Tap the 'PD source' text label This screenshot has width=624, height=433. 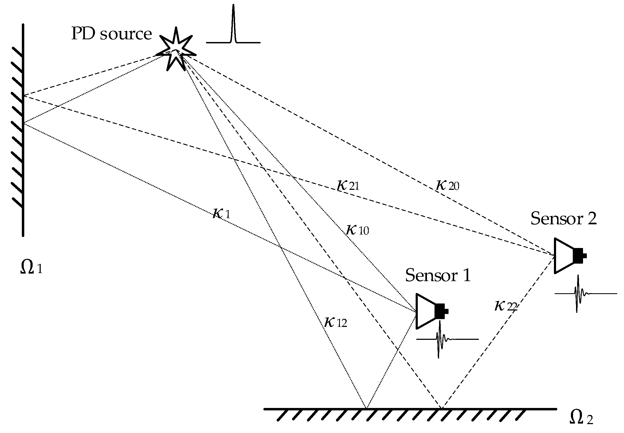tap(111, 34)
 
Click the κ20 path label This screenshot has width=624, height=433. tap(447, 186)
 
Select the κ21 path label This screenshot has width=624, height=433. tap(348, 186)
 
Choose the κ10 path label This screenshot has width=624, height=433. tap(357, 230)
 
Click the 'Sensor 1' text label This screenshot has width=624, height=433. tap(438, 275)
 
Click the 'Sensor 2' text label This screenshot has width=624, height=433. tap(563, 219)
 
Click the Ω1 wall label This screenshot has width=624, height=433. tap(32, 267)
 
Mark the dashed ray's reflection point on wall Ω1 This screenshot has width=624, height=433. tap(23, 95)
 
